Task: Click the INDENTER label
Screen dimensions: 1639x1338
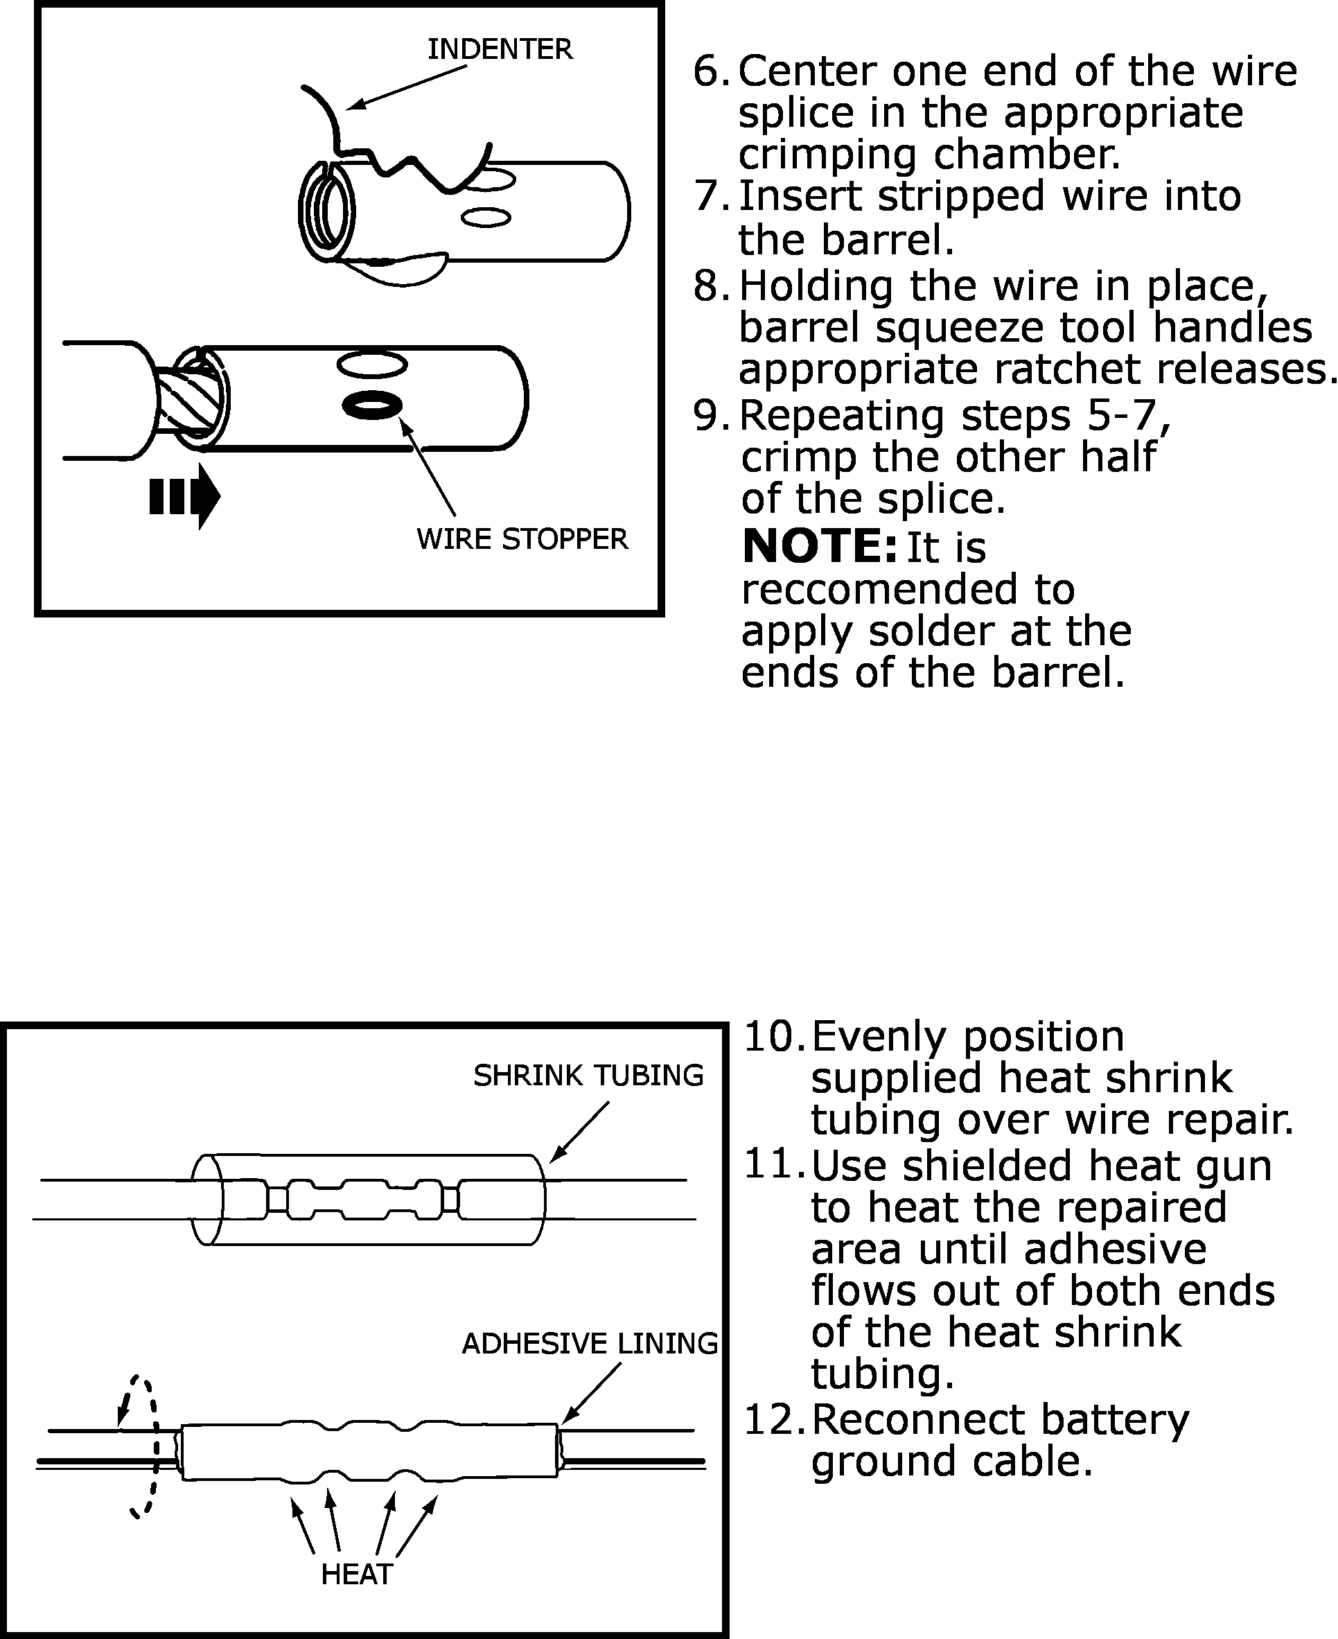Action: tap(500, 50)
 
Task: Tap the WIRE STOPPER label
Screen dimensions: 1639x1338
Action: tap(522, 539)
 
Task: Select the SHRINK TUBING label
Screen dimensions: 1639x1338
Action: tap(588, 1076)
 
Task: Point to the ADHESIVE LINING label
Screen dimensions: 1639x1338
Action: tap(590, 1344)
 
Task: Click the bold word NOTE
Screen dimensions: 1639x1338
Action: tap(819, 547)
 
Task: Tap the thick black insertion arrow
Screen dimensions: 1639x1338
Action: tap(185, 496)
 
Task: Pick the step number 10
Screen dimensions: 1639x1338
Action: tap(773, 1037)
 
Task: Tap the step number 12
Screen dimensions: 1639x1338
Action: tap(773, 1420)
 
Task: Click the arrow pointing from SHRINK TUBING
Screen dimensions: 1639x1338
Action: tap(579, 1132)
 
